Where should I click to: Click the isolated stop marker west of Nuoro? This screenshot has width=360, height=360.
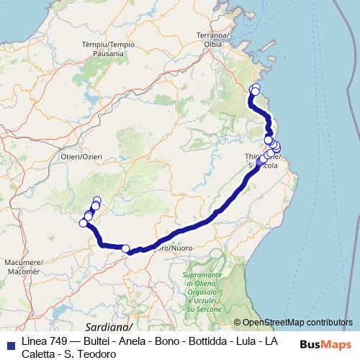pos(126,249)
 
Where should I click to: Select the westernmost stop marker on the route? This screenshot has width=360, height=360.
pos(84,223)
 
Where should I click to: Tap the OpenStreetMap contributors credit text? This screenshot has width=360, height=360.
pos(297,323)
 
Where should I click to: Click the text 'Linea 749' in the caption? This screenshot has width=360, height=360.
pos(42,341)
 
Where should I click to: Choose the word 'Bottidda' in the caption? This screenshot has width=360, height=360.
pos(199,341)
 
